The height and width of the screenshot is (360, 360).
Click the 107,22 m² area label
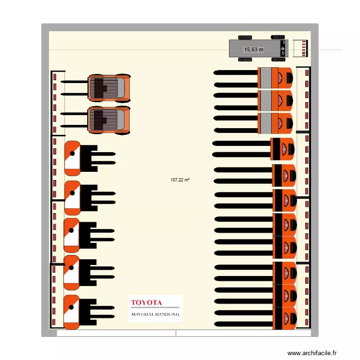(x=180, y=180)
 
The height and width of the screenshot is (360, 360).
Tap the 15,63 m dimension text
(x=253, y=49)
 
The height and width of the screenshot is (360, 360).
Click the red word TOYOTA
(x=146, y=303)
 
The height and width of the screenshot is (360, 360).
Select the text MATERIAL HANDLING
(x=155, y=314)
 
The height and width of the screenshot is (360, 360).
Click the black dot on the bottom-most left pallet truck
(x=72, y=307)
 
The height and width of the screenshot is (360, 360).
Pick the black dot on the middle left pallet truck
(x=72, y=230)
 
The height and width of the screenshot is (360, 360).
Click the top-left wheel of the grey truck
(x=245, y=37)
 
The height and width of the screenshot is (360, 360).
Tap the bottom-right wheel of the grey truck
(x=278, y=60)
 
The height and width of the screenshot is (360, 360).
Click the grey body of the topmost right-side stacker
(x=264, y=78)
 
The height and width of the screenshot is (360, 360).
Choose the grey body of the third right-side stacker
(x=264, y=123)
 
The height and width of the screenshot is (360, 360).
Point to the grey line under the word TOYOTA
(x=155, y=307)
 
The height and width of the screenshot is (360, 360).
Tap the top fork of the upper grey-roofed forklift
(x=74, y=82)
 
